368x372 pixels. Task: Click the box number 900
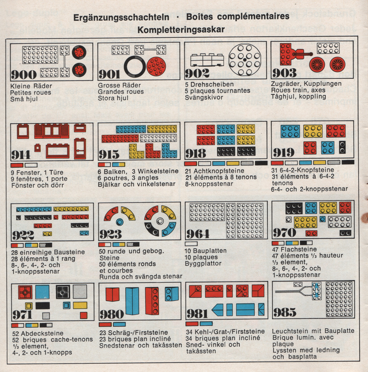click(x=24, y=75)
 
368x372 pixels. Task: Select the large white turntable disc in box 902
click(x=245, y=60)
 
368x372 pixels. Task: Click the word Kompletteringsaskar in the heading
click(x=181, y=30)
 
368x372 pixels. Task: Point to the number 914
click(x=21, y=155)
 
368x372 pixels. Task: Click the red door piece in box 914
click(x=80, y=149)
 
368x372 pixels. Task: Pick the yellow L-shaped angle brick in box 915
click(x=136, y=151)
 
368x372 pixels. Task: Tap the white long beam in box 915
click(x=158, y=138)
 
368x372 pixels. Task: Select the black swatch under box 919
click(x=348, y=162)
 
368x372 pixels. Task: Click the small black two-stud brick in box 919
click(x=342, y=147)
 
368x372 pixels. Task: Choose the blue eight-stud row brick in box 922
click(x=34, y=210)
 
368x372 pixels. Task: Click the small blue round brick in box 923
click(x=120, y=222)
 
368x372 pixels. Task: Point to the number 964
click(x=198, y=234)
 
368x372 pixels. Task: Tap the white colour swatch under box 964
click(x=191, y=244)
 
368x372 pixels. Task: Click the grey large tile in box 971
click(x=80, y=292)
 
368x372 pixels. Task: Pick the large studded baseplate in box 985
click(x=339, y=299)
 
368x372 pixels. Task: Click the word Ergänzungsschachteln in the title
click(x=121, y=17)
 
